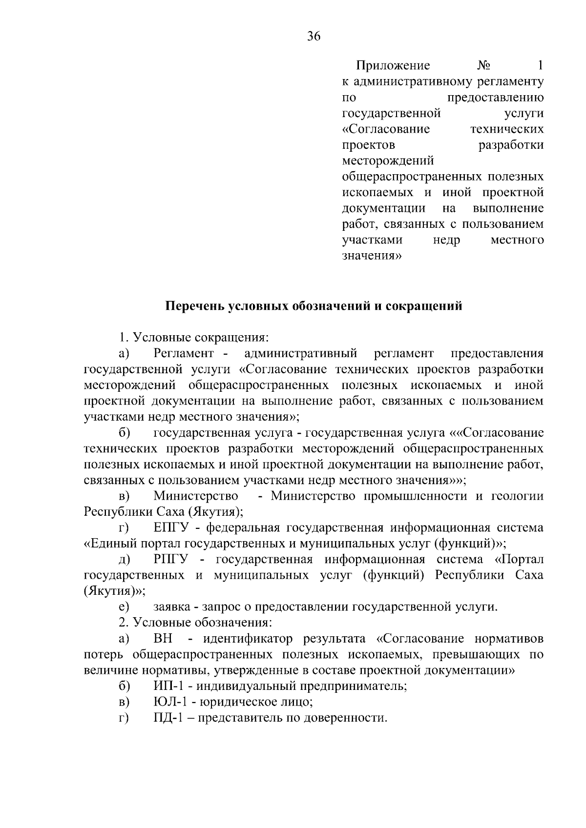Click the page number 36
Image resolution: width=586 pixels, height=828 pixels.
point(314,36)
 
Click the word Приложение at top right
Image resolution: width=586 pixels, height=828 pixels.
point(393,65)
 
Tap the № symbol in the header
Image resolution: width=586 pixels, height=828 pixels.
point(483,65)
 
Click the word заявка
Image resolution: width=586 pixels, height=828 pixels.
point(171,607)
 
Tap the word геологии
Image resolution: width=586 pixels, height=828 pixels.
point(517,496)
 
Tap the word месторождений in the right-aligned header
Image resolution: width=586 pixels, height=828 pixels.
point(388,161)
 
